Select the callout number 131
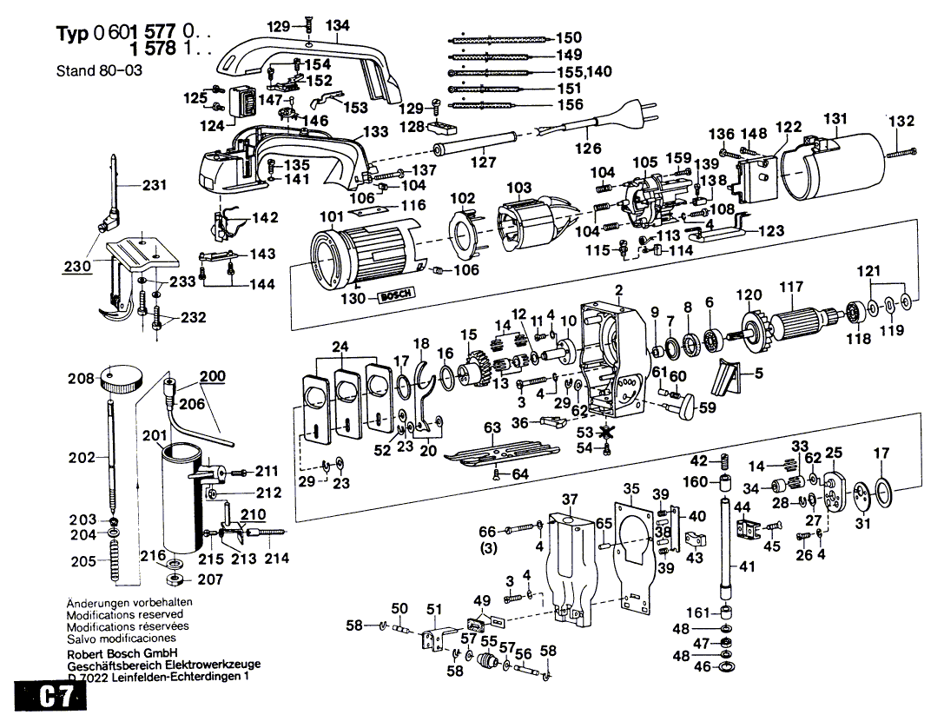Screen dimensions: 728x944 click(835, 118)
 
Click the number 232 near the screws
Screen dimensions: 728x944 click(193, 318)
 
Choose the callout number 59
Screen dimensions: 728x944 click(709, 405)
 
